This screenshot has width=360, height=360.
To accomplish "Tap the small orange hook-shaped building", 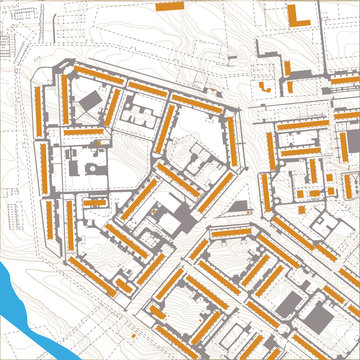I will coord(265,86).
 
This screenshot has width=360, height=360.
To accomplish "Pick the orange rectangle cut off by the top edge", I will coord(169,4).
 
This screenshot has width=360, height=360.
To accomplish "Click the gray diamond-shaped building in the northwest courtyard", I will coord(89,101).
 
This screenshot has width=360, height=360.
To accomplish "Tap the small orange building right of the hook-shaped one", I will coord(284,84).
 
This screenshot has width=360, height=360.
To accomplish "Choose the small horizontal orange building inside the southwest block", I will coord(95,202).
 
